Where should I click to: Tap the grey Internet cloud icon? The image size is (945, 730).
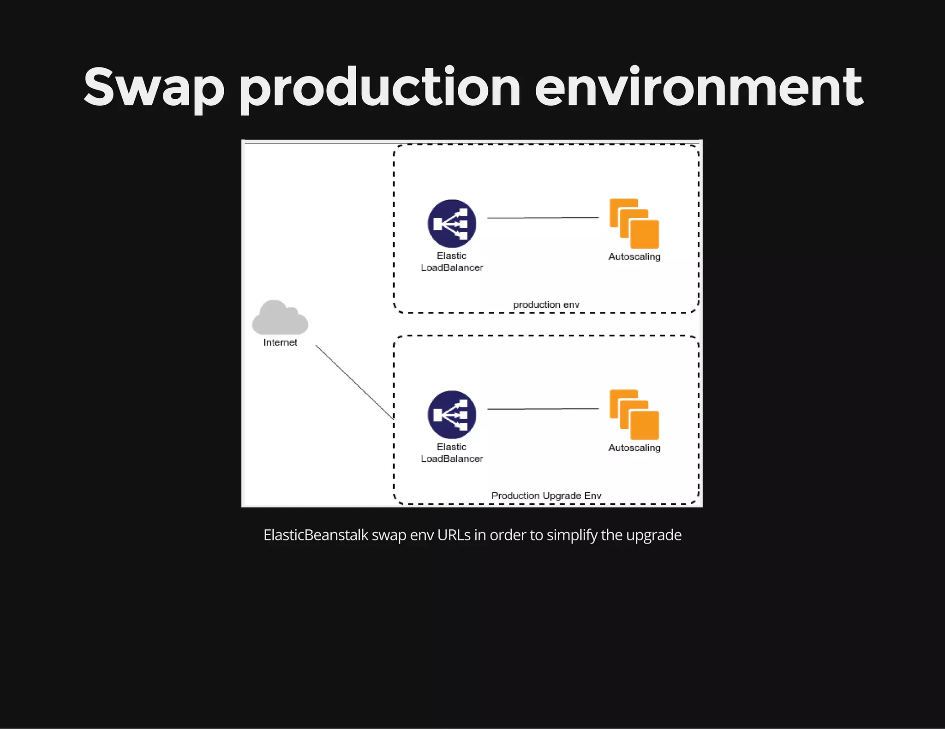click(280, 318)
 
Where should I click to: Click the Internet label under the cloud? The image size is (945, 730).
click(280, 342)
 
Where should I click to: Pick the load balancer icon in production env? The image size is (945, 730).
click(452, 223)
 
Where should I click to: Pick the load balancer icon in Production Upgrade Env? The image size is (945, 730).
click(452, 414)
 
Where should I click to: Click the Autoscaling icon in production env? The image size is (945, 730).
click(634, 224)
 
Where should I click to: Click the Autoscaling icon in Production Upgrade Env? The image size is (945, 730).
click(634, 415)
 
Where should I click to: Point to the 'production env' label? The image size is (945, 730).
click(546, 305)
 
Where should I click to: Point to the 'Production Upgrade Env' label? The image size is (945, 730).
click(546, 496)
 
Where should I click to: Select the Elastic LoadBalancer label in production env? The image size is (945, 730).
click(452, 262)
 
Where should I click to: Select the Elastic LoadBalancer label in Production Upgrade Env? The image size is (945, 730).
click(452, 453)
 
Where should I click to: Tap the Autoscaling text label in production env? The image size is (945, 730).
click(634, 257)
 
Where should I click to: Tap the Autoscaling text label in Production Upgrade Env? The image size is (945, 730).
click(634, 448)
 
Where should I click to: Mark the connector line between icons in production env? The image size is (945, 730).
click(543, 217)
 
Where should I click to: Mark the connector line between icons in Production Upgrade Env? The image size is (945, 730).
click(543, 409)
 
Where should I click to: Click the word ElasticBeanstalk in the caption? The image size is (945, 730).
click(316, 535)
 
